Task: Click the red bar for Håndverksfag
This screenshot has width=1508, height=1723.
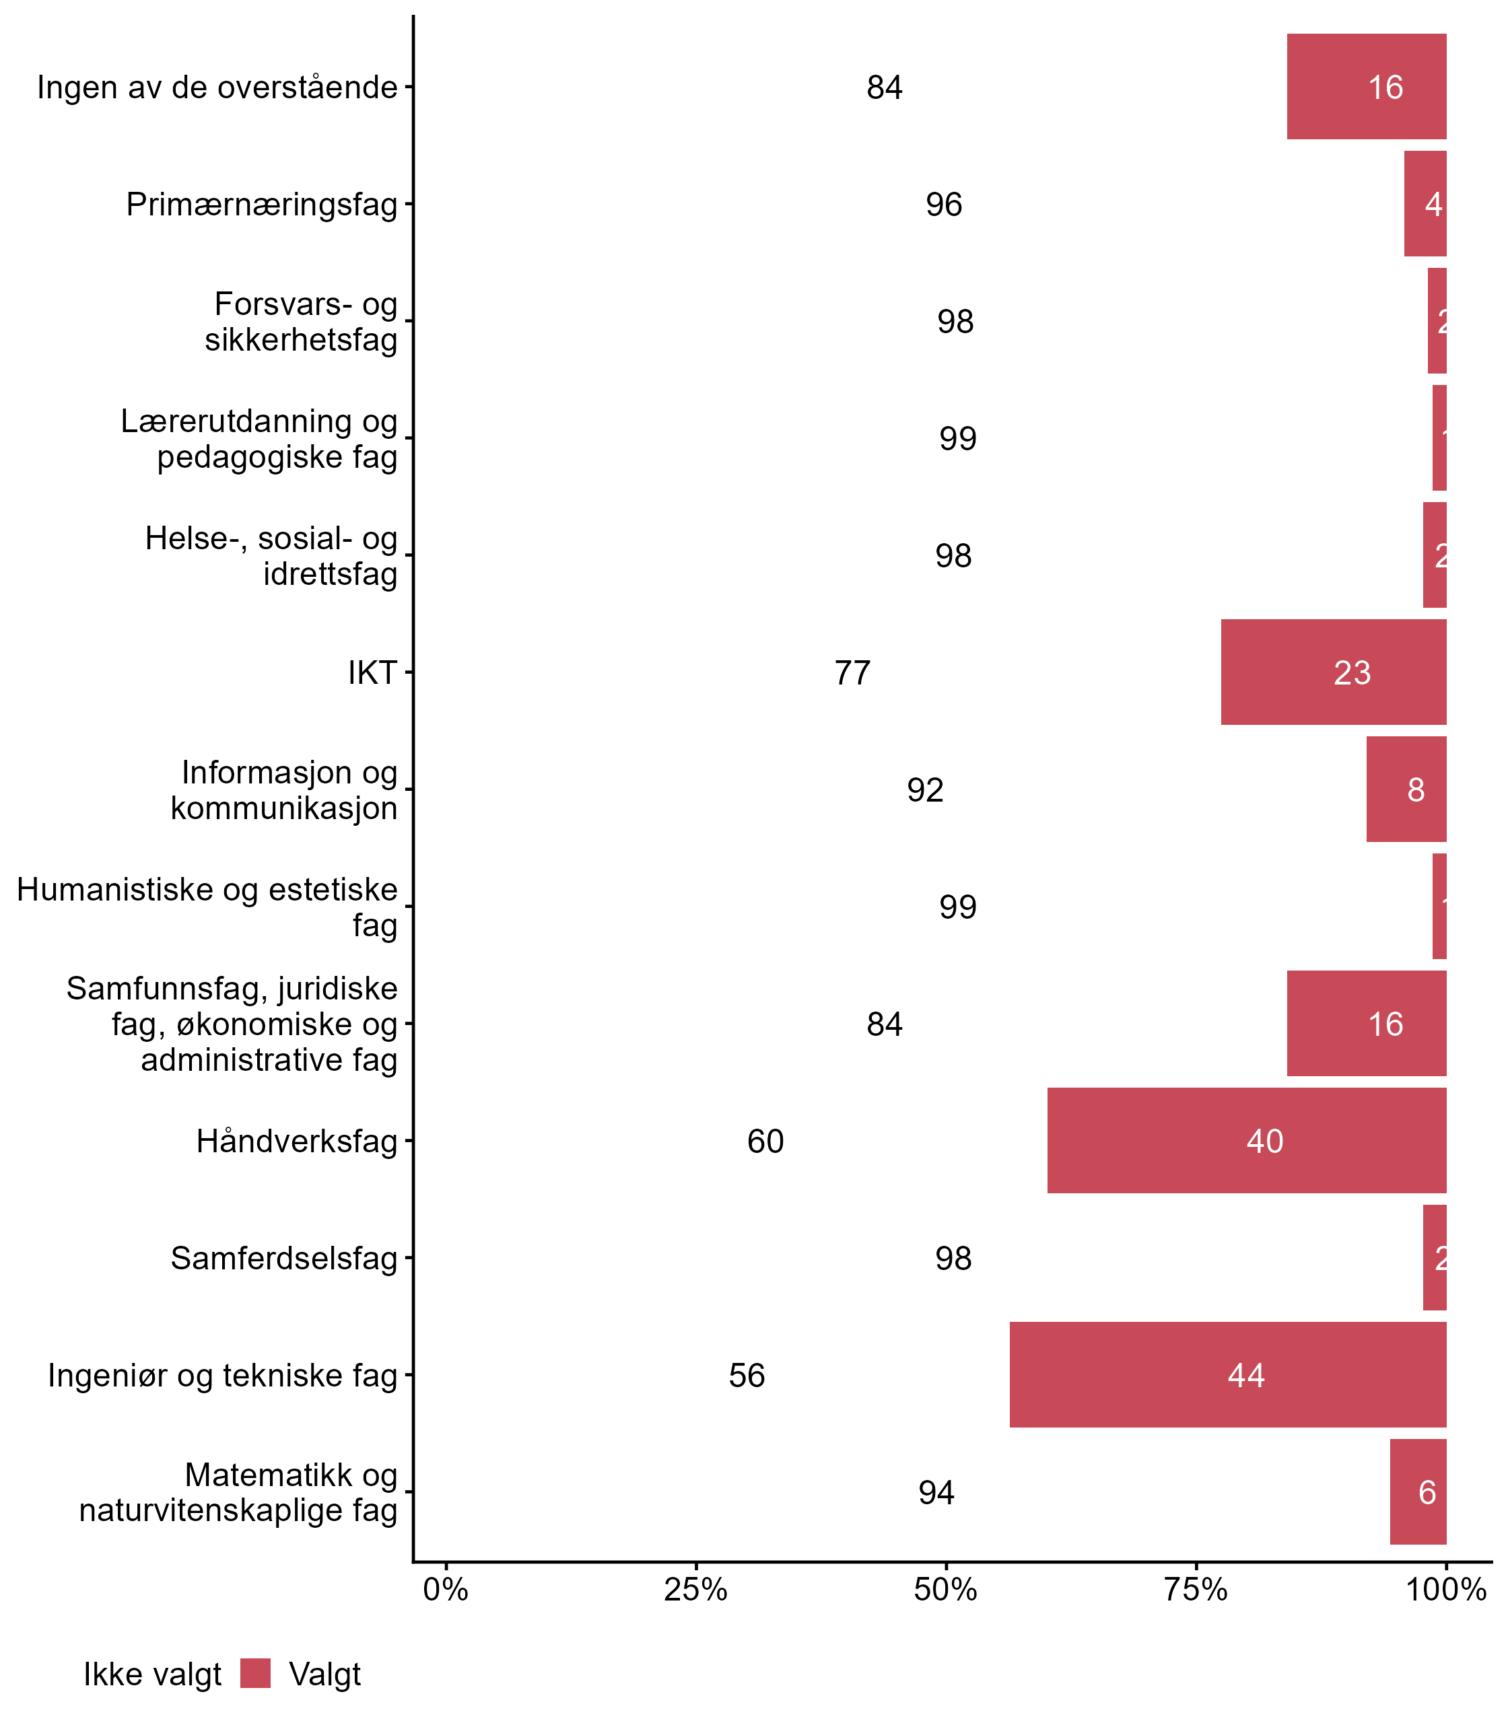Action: [1246, 1140]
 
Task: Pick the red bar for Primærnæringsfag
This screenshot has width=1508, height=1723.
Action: [1425, 203]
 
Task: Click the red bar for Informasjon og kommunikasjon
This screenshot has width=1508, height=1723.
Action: [1406, 789]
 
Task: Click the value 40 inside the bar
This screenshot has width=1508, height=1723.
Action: [1264, 1141]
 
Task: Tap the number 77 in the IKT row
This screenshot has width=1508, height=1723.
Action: [852, 673]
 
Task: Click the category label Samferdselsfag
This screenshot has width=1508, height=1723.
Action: [283, 1259]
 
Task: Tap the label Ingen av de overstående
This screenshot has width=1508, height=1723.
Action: [217, 87]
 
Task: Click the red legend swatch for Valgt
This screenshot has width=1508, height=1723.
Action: [255, 1673]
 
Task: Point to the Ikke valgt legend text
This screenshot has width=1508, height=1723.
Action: [152, 1675]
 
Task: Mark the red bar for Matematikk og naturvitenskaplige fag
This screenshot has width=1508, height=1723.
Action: [1417, 1491]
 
